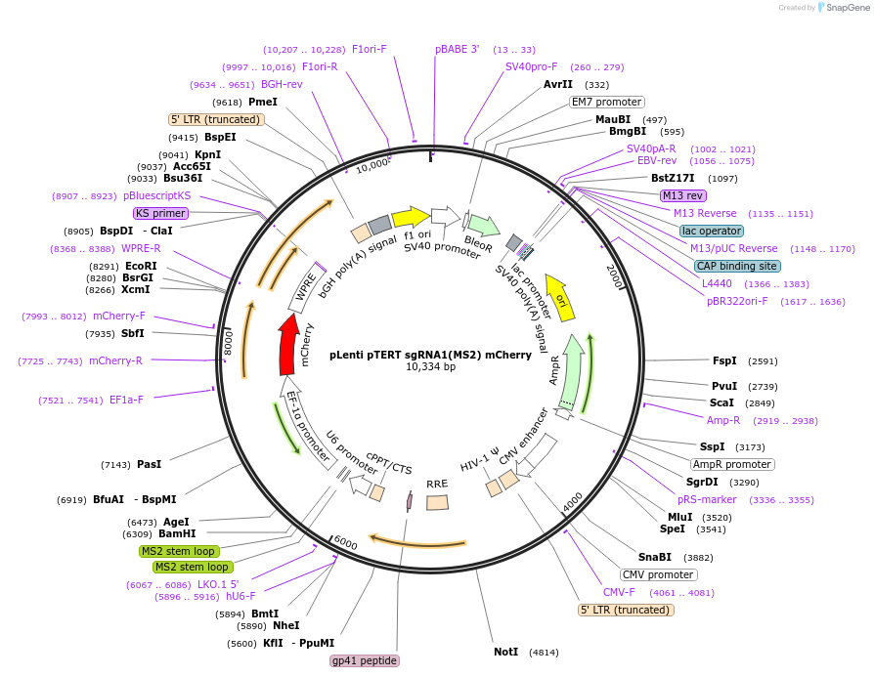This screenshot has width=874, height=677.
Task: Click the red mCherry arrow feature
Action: pyautogui.click(x=288, y=345)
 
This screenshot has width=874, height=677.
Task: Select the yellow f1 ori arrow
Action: pyautogui.click(x=410, y=217)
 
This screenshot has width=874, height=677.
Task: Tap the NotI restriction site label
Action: pyautogui.click(x=505, y=651)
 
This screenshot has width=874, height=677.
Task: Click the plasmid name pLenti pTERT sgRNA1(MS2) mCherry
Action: pyautogui.click(x=430, y=355)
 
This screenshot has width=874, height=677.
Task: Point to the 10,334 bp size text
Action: pyautogui.click(x=430, y=367)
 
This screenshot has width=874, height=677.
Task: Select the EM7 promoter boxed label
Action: pyautogui.click(x=606, y=102)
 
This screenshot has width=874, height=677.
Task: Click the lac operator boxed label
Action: pyautogui.click(x=712, y=231)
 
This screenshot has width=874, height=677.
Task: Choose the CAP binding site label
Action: pyautogui.click(x=736, y=266)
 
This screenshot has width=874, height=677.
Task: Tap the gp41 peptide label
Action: pyautogui.click(x=365, y=661)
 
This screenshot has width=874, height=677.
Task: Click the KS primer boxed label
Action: pyautogui.click(x=160, y=213)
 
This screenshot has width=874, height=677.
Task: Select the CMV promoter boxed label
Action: pyautogui.click(x=658, y=574)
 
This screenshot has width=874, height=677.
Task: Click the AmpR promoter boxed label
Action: pyautogui.click(x=732, y=464)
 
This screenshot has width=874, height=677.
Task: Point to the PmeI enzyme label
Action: pyautogui.click(x=263, y=102)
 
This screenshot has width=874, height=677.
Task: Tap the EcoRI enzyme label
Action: pyautogui.click(x=141, y=266)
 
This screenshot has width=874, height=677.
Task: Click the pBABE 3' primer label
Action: pyautogui.click(x=457, y=49)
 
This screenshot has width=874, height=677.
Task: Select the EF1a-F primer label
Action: pyautogui.click(x=126, y=400)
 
